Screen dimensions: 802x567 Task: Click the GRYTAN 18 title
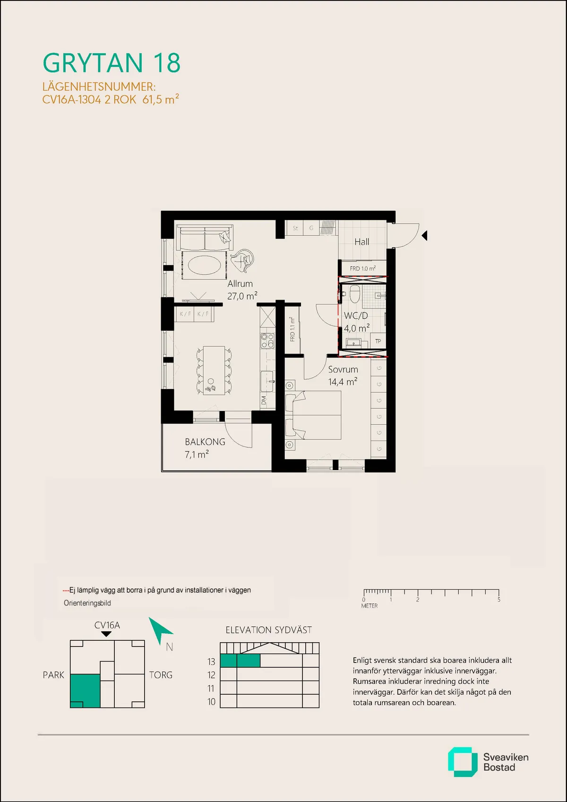click(x=112, y=63)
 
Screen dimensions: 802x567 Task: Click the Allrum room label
click(x=240, y=284)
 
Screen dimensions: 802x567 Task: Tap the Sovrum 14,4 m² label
click(x=343, y=376)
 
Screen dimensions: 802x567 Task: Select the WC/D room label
click(x=355, y=316)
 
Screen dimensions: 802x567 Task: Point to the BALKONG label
click(x=205, y=442)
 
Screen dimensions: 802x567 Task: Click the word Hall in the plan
click(x=362, y=242)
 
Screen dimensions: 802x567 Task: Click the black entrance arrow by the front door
click(x=424, y=235)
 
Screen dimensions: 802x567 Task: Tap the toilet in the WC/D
click(x=355, y=294)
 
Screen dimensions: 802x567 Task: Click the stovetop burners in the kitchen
click(x=267, y=341)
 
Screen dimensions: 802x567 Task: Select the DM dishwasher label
click(x=264, y=400)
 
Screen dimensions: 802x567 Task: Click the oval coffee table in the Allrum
click(x=204, y=265)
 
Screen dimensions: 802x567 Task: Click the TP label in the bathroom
click(x=378, y=341)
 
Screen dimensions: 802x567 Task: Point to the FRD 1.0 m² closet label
click(x=362, y=268)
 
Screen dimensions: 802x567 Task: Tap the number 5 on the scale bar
click(x=499, y=600)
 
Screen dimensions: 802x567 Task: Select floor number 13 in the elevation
click(x=211, y=662)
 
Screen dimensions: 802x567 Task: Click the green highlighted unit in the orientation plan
click(x=85, y=690)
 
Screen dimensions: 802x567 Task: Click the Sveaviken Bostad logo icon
click(x=462, y=762)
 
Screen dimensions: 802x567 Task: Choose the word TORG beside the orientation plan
click(x=161, y=675)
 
